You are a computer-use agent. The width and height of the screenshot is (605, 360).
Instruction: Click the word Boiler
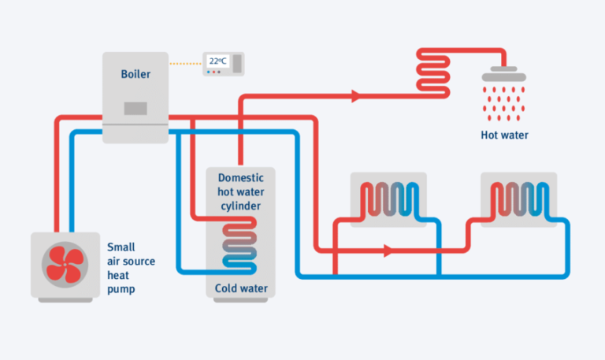click(x=135, y=75)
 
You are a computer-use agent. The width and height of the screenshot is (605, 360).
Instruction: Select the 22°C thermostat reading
click(x=217, y=61)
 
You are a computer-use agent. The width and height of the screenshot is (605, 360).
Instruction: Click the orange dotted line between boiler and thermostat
click(x=186, y=63)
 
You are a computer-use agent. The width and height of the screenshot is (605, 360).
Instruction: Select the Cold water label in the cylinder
click(x=241, y=288)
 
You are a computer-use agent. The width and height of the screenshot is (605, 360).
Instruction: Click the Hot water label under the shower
click(x=504, y=135)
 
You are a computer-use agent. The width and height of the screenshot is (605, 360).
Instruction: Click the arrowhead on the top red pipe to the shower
click(x=355, y=96)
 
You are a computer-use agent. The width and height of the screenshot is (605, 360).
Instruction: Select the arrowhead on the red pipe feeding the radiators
click(x=387, y=251)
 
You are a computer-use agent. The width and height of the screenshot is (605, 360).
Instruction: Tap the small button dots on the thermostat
click(x=215, y=72)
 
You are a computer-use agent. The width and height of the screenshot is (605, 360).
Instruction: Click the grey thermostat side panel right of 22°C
click(x=237, y=62)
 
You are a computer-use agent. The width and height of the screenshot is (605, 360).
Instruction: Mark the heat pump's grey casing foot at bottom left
click(x=38, y=298)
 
